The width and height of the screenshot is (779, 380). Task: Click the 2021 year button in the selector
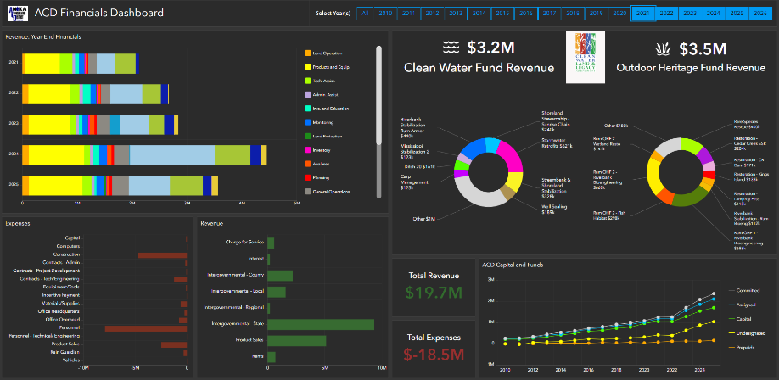tap(644, 14)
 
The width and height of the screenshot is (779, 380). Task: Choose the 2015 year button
tap(502, 14)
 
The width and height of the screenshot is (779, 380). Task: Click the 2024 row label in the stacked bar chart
tap(14, 154)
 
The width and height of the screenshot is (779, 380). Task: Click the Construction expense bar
tap(162, 254)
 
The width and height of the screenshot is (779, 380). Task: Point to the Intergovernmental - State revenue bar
tap(321, 324)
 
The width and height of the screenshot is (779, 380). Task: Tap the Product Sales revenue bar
tap(297, 341)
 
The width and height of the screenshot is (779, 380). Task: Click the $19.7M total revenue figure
tap(434, 293)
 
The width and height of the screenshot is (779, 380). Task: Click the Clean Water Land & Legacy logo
tap(584, 57)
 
